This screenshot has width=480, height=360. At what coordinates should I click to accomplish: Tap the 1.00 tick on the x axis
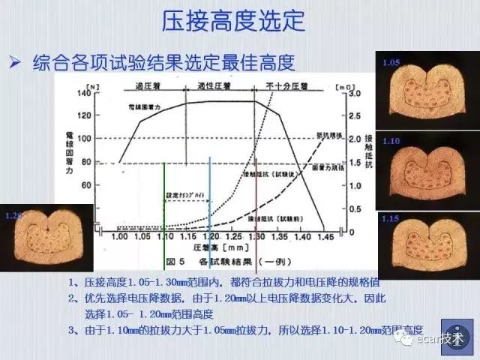120,236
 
